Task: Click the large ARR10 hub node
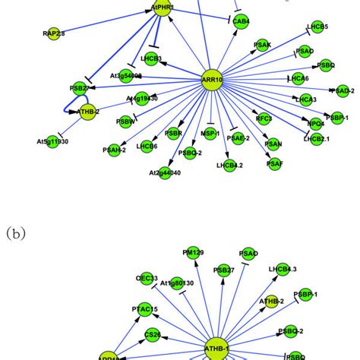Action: pyautogui.click(x=212, y=79)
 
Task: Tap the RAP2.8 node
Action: pyautogui.click(x=52, y=33)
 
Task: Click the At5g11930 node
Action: pyautogui.click(x=52, y=142)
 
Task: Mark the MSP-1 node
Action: pyautogui.click(x=210, y=134)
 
